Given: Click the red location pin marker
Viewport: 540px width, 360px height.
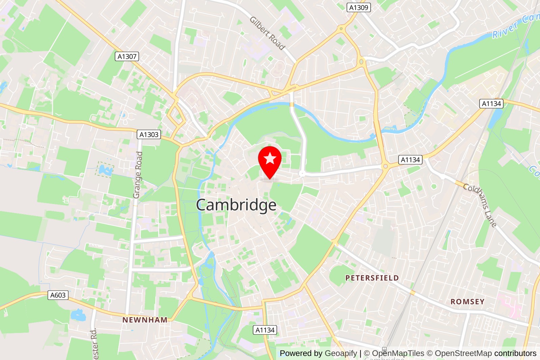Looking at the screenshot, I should pyautogui.click(x=270, y=162).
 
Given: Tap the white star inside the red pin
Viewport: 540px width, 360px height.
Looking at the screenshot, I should pyautogui.click(x=270, y=158).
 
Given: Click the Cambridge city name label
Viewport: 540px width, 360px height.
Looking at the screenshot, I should pyautogui.click(x=236, y=205).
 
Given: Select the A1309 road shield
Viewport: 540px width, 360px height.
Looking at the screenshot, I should pyautogui.click(x=358, y=7).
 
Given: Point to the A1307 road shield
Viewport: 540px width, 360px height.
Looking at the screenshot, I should pyautogui.click(x=127, y=56).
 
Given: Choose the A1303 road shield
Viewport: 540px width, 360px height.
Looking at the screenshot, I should pyautogui.click(x=149, y=134).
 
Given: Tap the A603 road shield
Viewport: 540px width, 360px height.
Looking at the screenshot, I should pyautogui.click(x=58, y=295).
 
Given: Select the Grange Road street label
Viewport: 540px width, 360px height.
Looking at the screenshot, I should pyautogui.click(x=138, y=175).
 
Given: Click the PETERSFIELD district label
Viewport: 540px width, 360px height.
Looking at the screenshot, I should pyautogui.click(x=372, y=278).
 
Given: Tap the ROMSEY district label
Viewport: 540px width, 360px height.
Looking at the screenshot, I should pyautogui.click(x=467, y=302).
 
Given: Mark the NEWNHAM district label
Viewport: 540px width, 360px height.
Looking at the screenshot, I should pyautogui.click(x=145, y=320).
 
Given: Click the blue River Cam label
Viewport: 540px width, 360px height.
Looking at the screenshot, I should pyautogui.click(x=515, y=25).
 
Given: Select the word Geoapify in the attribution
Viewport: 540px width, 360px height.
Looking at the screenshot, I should pyautogui.click(x=341, y=353).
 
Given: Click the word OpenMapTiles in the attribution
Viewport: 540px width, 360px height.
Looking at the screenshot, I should pyautogui.click(x=398, y=353).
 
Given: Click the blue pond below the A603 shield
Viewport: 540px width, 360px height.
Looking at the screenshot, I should pyautogui.click(x=78, y=315).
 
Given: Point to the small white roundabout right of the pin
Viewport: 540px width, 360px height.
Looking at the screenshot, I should pyautogui.click(x=302, y=174).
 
